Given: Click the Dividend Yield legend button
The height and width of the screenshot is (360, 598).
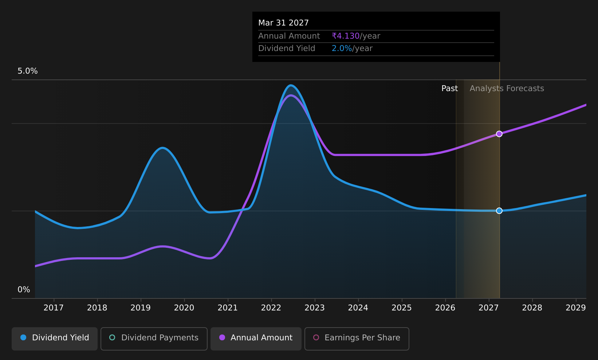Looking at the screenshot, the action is pos(55,339).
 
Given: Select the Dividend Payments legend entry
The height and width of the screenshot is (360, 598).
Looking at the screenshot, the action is pos(154,339).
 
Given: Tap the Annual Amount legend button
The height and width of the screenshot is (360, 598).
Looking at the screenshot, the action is pos(256,339).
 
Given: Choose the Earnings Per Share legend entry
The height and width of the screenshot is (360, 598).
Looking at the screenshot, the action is pos(357,339).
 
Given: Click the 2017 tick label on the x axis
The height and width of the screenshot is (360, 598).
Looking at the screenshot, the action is pos(54,308).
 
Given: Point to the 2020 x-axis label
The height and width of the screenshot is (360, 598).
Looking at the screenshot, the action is pos(184,308).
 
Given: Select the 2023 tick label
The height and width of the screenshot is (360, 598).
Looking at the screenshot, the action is pos(315,308).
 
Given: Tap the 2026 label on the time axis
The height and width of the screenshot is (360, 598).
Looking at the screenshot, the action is pos(445,308).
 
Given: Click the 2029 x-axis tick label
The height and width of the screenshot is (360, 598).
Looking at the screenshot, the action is pos(576,308).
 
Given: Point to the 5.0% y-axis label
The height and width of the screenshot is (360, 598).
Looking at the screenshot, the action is pos(28,71).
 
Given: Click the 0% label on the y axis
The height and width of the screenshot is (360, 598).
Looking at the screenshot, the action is pos(24,290).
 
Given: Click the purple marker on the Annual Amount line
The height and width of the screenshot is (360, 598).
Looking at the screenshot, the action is pos(499,134).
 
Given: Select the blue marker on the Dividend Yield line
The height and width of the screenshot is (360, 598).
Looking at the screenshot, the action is pos(499,211).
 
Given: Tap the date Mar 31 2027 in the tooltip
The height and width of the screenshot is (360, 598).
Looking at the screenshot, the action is pos(283,23).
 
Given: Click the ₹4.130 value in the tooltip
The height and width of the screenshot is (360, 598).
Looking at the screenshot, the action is pos(346,36).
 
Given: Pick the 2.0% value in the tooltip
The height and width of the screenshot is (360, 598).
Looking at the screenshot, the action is pos(342,48).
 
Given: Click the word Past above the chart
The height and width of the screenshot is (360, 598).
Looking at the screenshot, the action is pos(449,89).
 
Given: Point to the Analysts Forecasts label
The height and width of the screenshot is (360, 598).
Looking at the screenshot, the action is pos(507,89).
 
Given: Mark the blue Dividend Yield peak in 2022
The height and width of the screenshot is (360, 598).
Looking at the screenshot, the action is pos(291,86).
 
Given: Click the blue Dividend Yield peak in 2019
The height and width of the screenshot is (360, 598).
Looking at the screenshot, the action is pos(162,148).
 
